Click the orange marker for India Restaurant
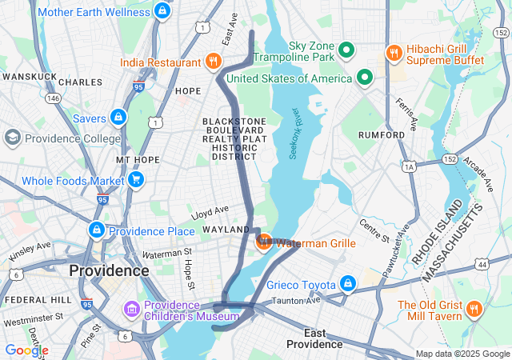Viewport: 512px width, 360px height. [x=213, y=61]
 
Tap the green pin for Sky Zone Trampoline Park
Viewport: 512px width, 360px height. [x=346, y=51]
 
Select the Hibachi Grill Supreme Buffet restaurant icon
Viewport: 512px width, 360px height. [x=393, y=53]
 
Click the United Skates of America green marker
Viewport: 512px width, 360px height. [x=365, y=78]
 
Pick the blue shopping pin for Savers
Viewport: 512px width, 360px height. [x=118, y=118]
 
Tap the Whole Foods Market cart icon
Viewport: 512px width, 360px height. [x=136, y=179]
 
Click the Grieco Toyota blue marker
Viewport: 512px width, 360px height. [x=348, y=283]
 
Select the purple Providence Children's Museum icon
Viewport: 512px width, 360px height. [x=130, y=309]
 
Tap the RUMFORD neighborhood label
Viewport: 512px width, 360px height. [x=382, y=135]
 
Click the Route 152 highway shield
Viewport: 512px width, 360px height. [x=450, y=160]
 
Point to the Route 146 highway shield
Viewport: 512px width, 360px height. [x=54, y=98]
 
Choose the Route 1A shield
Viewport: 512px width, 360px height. [x=410, y=166]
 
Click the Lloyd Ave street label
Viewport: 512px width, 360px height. [x=210, y=213]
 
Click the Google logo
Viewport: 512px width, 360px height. [x=26, y=350]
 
